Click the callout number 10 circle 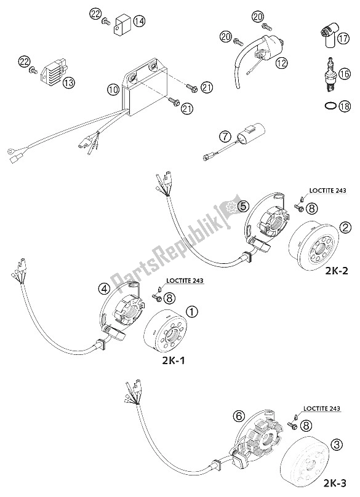click(113, 90)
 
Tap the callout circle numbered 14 click(139, 22)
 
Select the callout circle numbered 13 click(68, 83)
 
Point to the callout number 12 click(281, 63)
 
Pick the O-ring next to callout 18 click(330, 106)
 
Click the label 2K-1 click(173, 360)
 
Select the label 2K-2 click(336, 271)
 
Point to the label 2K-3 click(335, 483)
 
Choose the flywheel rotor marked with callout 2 click(314, 244)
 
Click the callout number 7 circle click(225, 137)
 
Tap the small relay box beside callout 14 click(121, 23)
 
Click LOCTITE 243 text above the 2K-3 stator click(322, 408)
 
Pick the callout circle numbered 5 click(251, 207)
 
